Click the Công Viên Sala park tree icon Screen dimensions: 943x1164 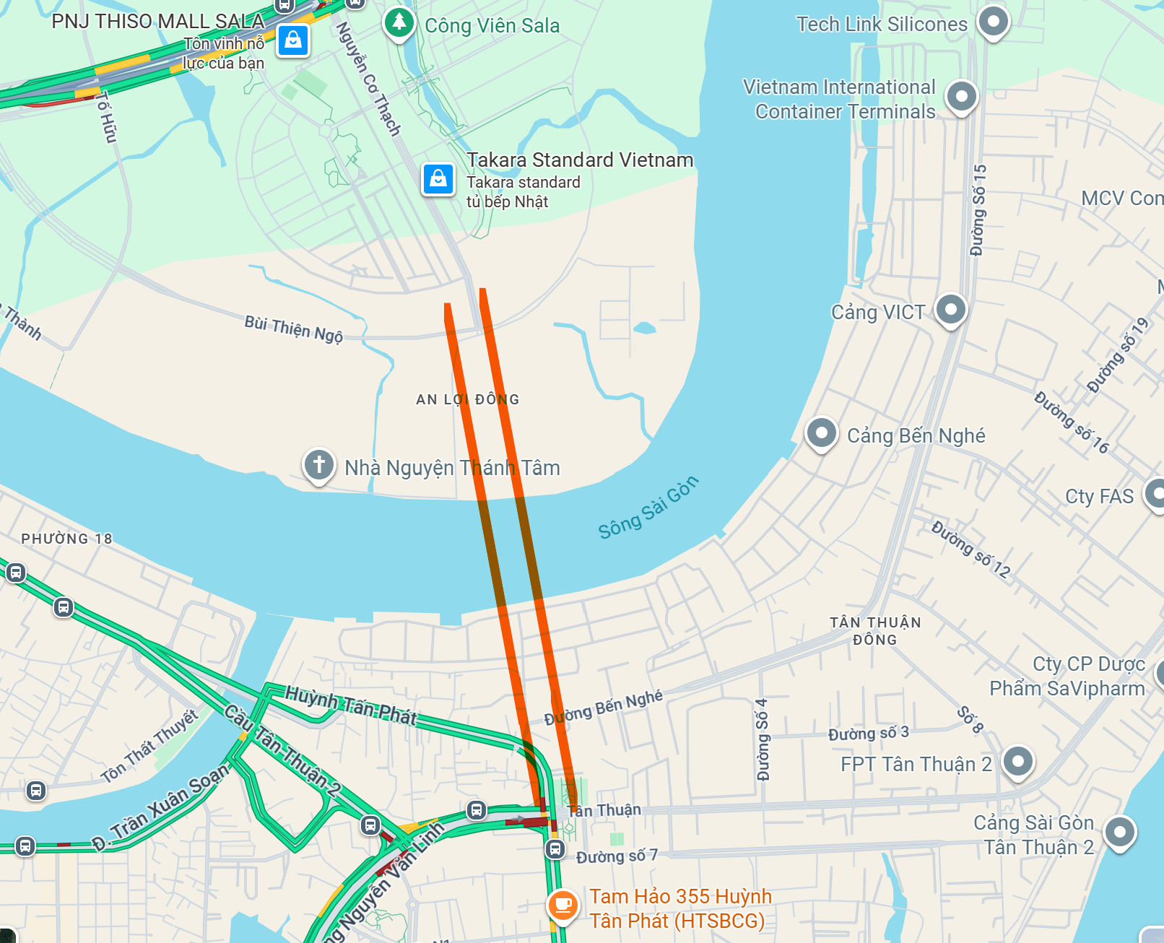point(399,22)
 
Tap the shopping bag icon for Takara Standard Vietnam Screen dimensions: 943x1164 point(438,178)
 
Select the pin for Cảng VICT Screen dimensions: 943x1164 point(951,310)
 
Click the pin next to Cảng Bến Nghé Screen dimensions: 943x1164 point(822,433)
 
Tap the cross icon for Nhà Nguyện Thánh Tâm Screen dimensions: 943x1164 point(319,465)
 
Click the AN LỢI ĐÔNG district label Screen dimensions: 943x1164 point(467,399)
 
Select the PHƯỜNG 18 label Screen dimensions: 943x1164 point(66,539)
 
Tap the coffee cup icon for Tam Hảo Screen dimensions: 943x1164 point(563,904)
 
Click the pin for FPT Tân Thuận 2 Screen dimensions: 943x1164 point(1018,761)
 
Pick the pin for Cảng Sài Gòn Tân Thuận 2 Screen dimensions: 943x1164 point(1120,832)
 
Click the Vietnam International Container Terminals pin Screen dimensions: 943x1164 point(961,96)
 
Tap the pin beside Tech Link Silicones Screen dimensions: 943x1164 point(994,22)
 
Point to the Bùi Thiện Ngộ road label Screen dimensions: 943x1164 point(294,329)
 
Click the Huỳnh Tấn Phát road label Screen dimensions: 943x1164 point(351,705)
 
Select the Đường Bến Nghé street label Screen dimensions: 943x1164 point(604,708)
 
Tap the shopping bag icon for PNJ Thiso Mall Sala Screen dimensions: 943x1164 point(293,40)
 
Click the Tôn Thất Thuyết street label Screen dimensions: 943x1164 point(149,747)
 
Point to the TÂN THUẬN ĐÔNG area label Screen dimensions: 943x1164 point(875,630)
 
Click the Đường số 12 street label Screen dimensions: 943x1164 point(970,549)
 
